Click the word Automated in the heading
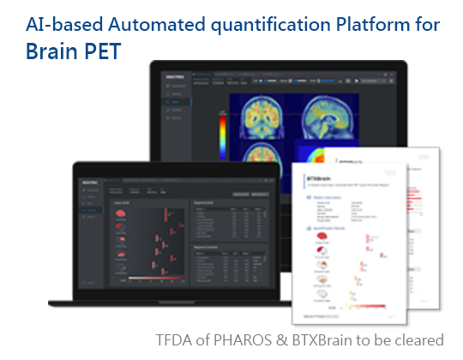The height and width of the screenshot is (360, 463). tap(149, 23)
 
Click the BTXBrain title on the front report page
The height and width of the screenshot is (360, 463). tap(320, 180)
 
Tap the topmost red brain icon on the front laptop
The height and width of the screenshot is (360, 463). tap(122, 214)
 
